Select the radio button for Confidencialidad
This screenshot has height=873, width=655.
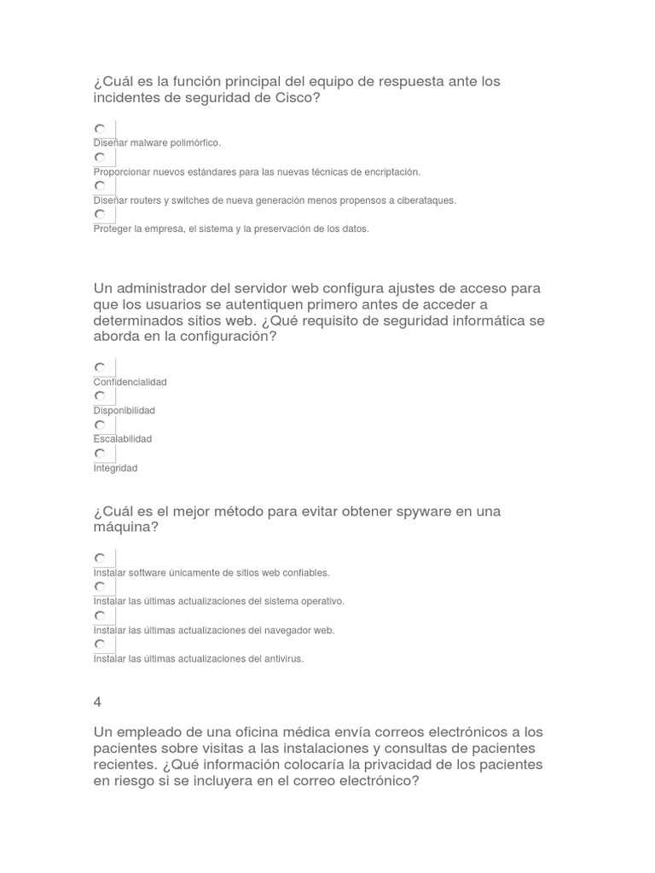[100, 367]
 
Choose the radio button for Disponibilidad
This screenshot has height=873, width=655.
[100, 396]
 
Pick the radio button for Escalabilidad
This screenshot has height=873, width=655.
[100, 425]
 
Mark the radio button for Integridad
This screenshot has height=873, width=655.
[100, 454]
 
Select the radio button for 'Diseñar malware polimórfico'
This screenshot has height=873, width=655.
[100, 129]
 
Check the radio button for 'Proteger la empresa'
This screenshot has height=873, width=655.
[100, 214]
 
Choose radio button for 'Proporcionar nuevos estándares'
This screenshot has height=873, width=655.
[100, 158]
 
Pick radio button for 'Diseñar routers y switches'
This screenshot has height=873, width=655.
[100, 186]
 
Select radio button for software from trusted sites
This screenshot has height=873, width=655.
[100, 558]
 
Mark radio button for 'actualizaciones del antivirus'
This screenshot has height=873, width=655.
[100, 645]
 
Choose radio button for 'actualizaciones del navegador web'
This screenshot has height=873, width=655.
[100, 616]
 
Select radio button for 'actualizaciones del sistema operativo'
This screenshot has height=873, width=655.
[100, 587]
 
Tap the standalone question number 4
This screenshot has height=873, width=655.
[97, 702]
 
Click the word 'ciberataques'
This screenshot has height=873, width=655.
[421, 200]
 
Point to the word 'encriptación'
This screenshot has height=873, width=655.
[387, 172]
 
